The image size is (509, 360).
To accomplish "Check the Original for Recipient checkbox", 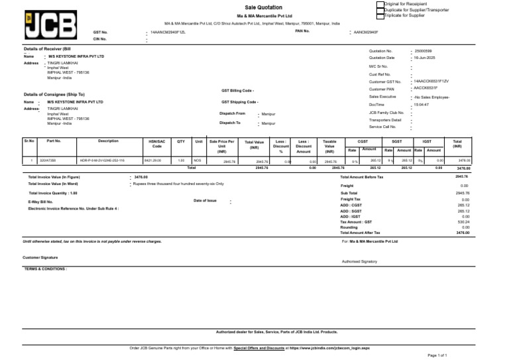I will pos(380,4).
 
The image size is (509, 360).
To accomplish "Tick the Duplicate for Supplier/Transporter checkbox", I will pos(380,10).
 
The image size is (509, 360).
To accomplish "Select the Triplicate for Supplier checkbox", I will pos(380,16).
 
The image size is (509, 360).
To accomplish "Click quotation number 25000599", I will pos(423,50).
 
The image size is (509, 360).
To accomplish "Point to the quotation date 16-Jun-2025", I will pos(424,58).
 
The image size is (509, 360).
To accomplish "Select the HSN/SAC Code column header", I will pos(156,143).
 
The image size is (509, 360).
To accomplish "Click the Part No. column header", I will pos(54,141).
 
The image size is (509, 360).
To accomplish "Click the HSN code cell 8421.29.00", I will pos(152,161).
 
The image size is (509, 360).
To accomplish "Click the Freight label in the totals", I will pos(347,186).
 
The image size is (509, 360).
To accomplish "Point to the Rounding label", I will pos(349,227).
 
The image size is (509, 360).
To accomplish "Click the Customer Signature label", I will pos(40,257).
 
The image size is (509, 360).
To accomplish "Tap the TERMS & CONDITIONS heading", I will pos(46,269).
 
